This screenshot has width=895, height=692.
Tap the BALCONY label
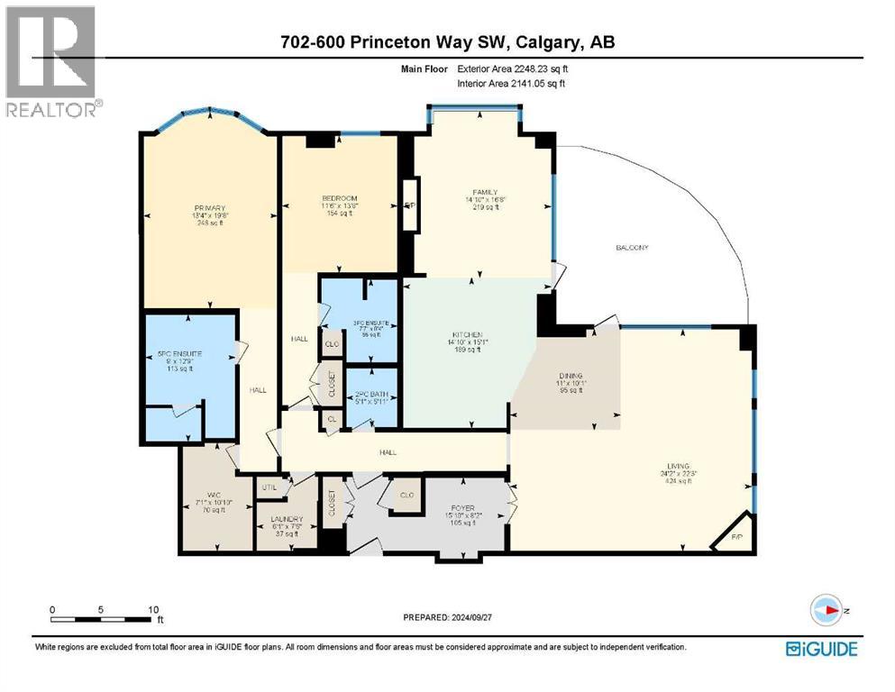point(632,248)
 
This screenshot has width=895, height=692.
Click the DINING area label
point(570,376)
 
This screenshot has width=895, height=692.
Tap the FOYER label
point(463,508)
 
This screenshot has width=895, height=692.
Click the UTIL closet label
point(269,487)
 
